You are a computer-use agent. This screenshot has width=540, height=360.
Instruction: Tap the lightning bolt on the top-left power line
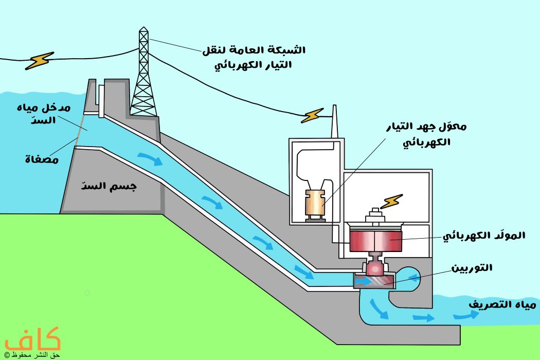[x=40, y=61]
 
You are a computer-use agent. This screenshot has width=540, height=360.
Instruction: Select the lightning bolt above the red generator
[x=391, y=201]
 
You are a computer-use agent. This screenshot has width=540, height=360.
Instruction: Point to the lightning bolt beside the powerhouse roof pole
[x=312, y=115]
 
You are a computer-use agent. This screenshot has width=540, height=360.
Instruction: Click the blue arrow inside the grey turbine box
[x=363, y=281]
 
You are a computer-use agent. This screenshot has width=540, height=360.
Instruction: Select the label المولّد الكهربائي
[x=484, y=236]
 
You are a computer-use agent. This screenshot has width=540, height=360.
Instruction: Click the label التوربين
[x=472, y=268]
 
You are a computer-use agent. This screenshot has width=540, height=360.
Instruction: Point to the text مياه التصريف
[x=502, y=304]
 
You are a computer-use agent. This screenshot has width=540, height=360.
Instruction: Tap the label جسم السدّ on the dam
[x=109, y=186]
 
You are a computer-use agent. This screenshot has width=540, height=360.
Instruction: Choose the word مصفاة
[x=42, y=159]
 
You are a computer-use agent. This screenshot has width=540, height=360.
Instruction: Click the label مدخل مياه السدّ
[x=44, y=114]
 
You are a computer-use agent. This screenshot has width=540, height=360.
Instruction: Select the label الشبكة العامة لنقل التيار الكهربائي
[x=254, y=58]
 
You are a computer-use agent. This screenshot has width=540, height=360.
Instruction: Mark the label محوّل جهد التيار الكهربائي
[x=426, y=134]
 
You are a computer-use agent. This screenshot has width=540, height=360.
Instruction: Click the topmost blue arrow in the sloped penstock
[x=150, y=158]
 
